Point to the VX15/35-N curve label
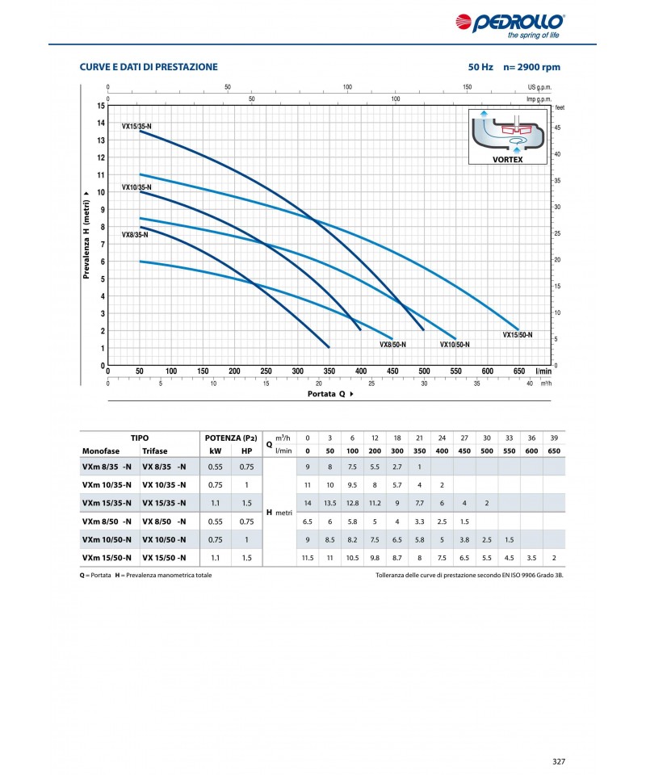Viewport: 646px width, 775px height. tap(136, 125)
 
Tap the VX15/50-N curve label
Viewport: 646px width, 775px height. tap(518, 334)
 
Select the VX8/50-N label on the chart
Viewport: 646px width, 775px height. tap(392, 344)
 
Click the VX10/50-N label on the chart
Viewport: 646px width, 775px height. tap(455, 344)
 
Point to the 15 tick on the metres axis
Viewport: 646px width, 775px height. tap(101, 106)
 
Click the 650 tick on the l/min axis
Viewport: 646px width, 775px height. tap(519, 371)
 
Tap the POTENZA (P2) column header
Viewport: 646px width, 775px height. tap(232, 437)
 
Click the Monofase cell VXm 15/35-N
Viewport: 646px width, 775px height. tap(103, 502)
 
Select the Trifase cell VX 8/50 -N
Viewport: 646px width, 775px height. tap(164, 521)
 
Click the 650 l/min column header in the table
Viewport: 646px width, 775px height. tap(554, 450)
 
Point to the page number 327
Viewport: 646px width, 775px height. tap(559, 760)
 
